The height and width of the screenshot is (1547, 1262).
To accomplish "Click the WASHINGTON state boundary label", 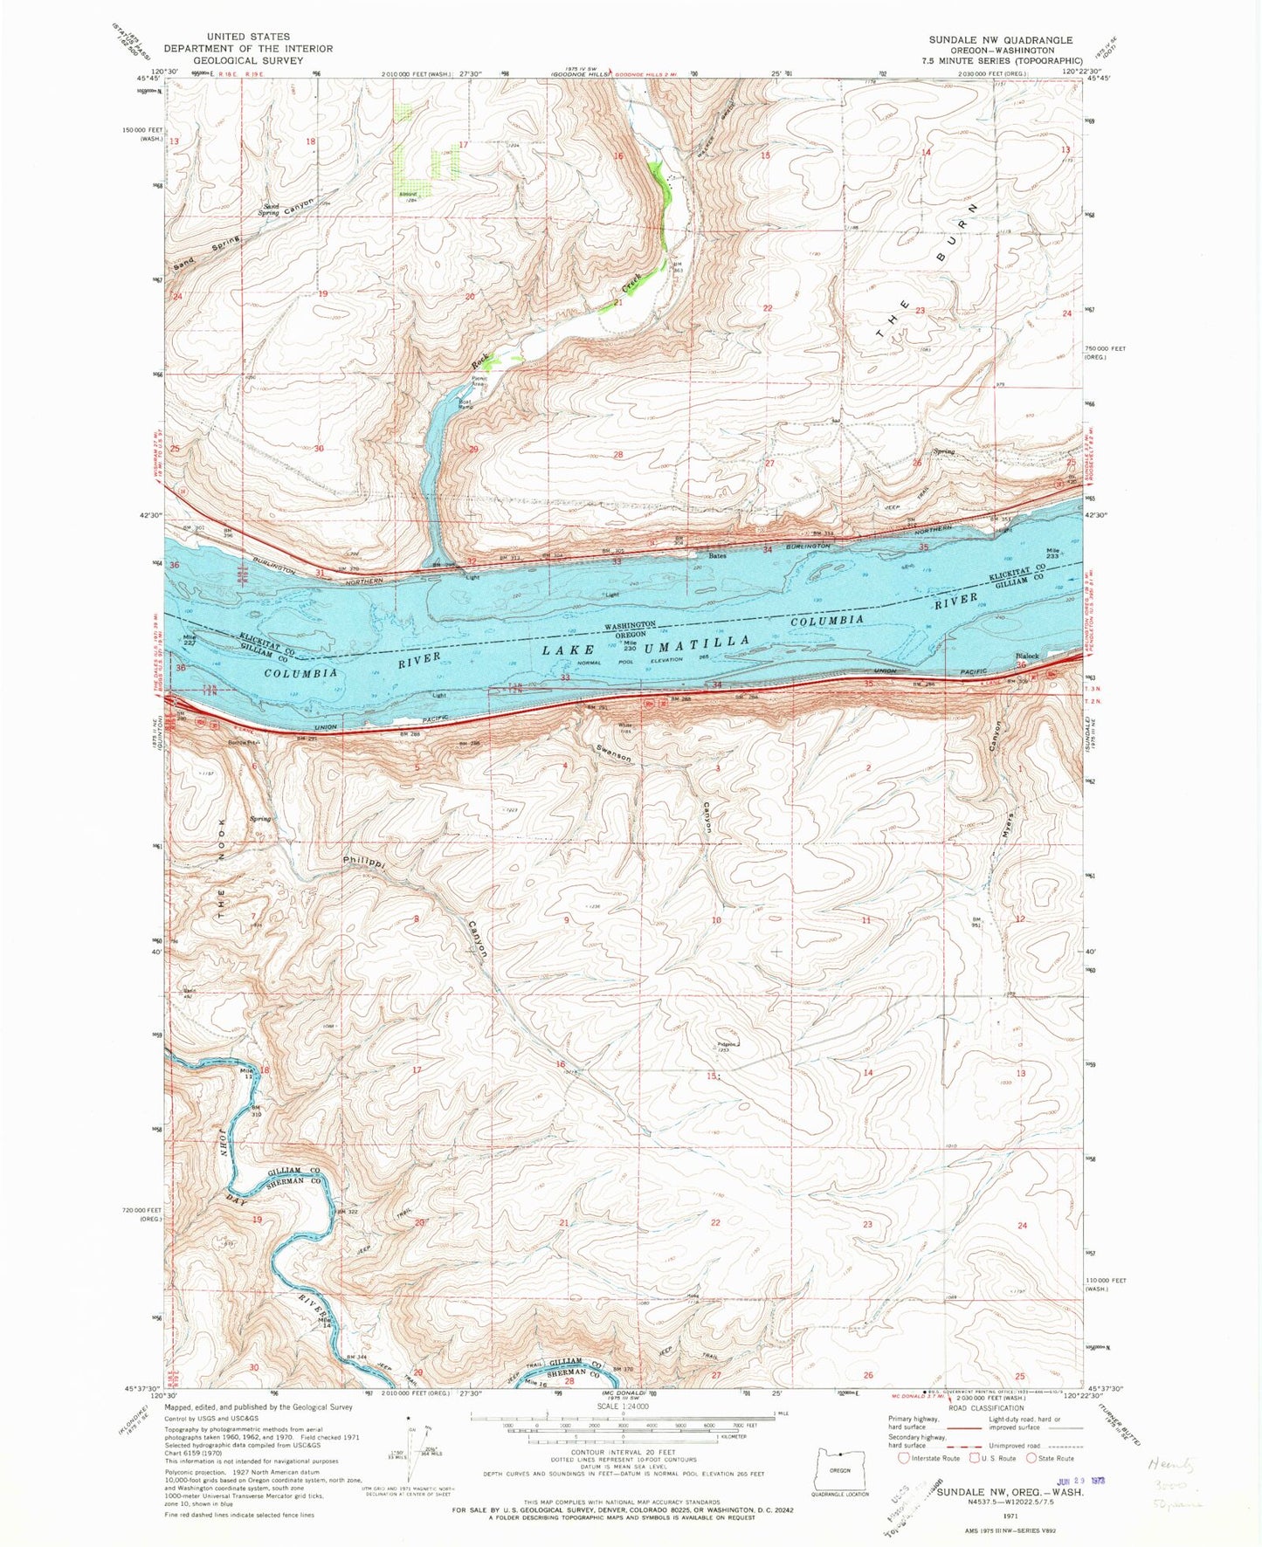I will pyautogui.click(x=631, y=625).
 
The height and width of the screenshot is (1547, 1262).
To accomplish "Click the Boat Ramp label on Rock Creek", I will pyautogui.click(x=467, y=405).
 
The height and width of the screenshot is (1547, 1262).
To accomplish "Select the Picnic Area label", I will pyautogui.click(x=478, y=382).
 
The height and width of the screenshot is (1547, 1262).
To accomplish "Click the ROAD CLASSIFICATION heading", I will pyautogui.click(x=985, y=1407).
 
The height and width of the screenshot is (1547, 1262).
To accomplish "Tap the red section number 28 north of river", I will pyautogui.click(x=618, y=455).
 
